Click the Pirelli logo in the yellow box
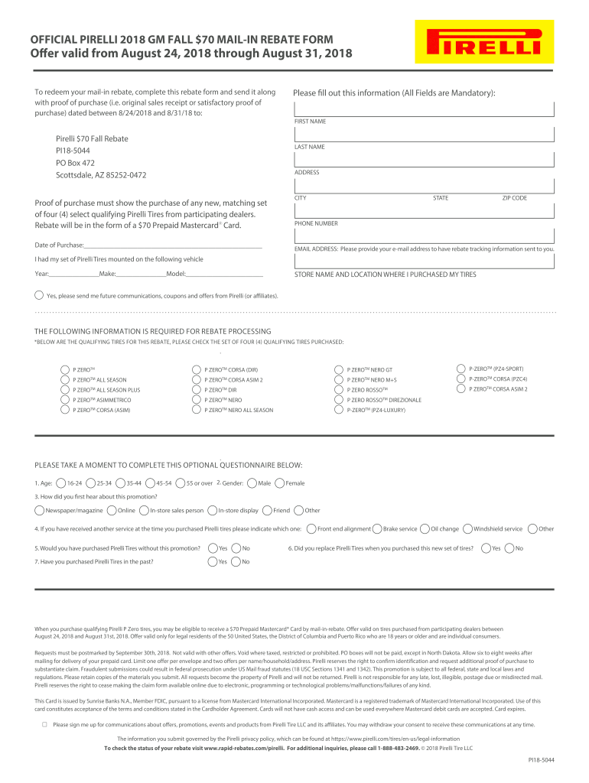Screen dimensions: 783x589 479,42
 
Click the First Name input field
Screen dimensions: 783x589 425,135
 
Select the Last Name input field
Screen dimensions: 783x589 425,159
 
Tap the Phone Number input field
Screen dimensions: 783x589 425,236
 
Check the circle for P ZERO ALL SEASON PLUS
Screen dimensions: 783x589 64,390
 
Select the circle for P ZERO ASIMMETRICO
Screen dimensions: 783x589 64,400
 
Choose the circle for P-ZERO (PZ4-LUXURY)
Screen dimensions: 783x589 339,411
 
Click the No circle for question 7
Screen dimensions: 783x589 236,562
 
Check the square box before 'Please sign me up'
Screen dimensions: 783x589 44,723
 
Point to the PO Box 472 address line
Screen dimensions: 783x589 75,163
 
